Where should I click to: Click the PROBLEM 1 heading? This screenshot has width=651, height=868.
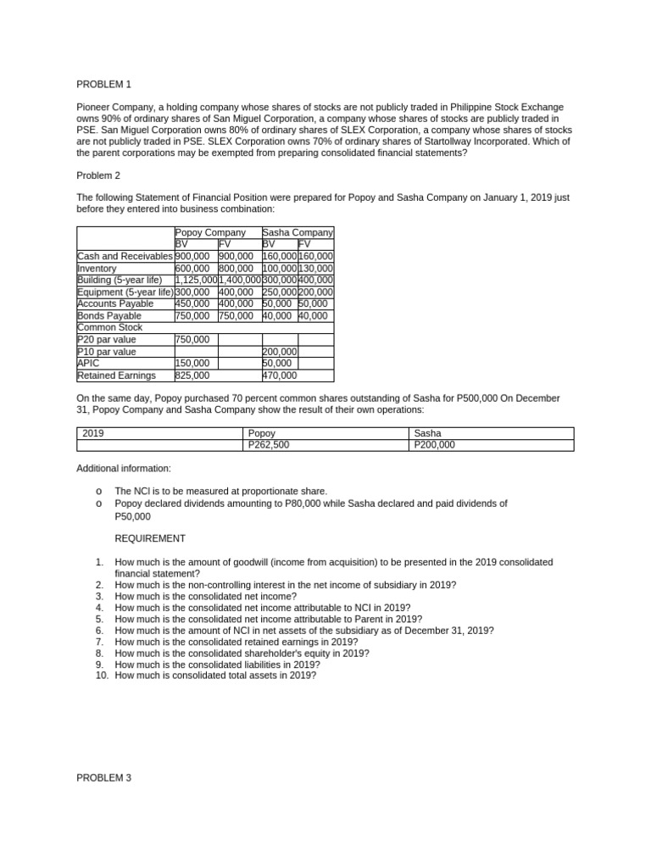104,85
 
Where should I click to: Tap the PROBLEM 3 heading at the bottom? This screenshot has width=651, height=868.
104,777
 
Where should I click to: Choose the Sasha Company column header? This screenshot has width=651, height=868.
298,232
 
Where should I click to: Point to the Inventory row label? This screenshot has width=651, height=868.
97,268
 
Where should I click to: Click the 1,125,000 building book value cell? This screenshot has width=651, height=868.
195,280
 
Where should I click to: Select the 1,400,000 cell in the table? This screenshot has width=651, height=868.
239,280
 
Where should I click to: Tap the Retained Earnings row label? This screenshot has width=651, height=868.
116,375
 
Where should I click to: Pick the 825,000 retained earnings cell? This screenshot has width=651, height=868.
192,375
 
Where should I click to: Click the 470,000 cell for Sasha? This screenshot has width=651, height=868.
280,375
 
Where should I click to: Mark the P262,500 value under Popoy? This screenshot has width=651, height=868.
270,444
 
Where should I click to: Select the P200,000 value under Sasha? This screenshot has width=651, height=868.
434,444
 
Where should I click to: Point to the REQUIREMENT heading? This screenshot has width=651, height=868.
150,538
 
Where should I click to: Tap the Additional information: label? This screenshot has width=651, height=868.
123,468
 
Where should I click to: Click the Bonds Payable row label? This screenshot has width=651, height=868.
109,315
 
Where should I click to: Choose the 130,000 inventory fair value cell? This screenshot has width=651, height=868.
315,268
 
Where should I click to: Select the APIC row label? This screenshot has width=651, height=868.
88,363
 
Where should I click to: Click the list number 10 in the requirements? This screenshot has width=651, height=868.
101,676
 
